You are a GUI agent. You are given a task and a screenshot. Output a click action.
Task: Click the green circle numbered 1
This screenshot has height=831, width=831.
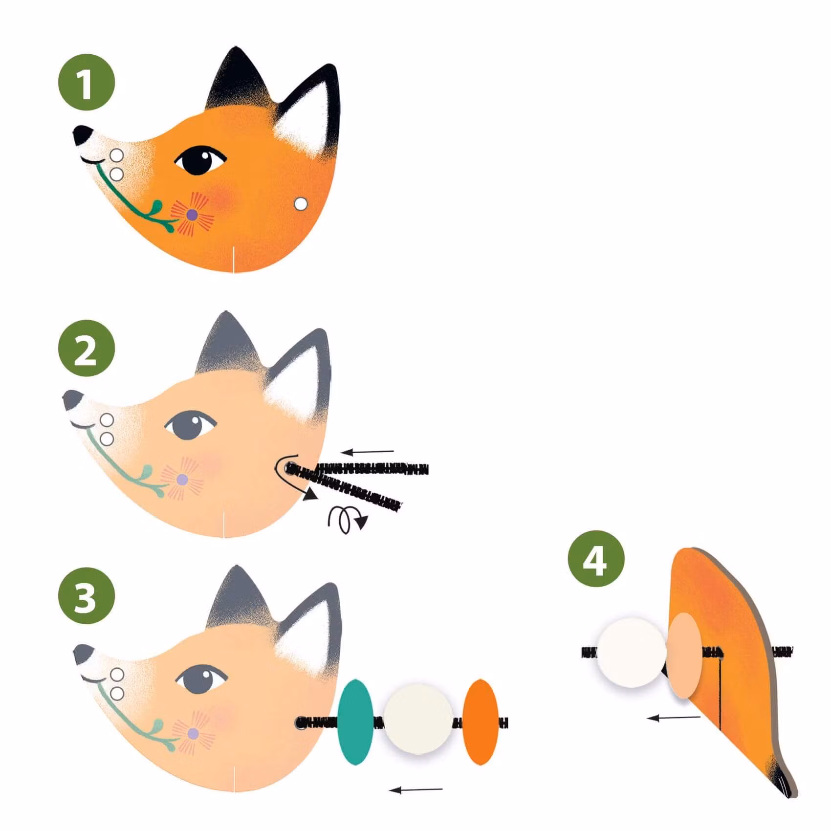[x=87, y=82]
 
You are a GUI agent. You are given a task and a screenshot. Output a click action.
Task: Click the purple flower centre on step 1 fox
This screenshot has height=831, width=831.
[x=192, y=214]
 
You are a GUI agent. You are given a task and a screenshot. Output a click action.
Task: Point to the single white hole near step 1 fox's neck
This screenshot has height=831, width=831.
[x=301, y=204]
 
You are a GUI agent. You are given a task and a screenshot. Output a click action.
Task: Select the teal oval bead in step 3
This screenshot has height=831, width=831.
[x=355, y=721]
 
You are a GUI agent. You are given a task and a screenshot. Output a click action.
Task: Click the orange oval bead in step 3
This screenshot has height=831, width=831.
[x=481, y=722]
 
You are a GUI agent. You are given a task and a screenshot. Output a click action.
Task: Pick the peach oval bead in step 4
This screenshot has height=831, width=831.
[x=684, y=655]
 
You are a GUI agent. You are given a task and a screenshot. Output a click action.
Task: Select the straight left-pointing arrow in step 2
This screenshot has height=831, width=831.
[x=367, y=452]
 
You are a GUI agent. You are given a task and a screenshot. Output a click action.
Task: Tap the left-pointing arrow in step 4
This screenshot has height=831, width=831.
[x=674, y=718]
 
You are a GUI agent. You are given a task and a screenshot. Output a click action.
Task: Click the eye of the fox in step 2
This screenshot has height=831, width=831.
[x=190, y=425]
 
